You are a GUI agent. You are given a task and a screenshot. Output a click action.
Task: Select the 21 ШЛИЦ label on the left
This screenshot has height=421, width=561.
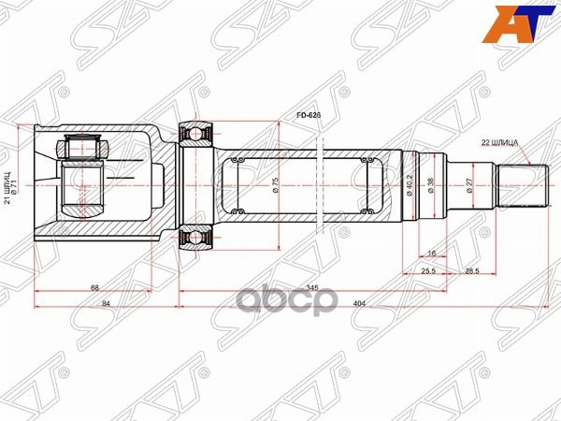[x=8, y=185]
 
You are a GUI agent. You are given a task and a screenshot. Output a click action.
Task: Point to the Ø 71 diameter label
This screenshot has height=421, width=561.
[x=19, y=185]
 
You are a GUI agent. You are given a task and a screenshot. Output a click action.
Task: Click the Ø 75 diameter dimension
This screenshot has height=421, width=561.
[x=276, y=185]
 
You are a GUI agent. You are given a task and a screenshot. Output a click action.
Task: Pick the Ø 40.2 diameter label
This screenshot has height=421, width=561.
[x=411, y=182]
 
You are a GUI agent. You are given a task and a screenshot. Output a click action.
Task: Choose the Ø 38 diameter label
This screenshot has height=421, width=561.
[x=431, y=184]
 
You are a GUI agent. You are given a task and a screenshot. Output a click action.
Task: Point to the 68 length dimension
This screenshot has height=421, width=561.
[x=95, y=287]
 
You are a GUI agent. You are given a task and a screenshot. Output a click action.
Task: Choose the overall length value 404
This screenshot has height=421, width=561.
[x=361, y=304]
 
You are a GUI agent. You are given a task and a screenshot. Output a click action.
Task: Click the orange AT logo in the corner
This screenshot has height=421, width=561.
[x=531, y=20]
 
